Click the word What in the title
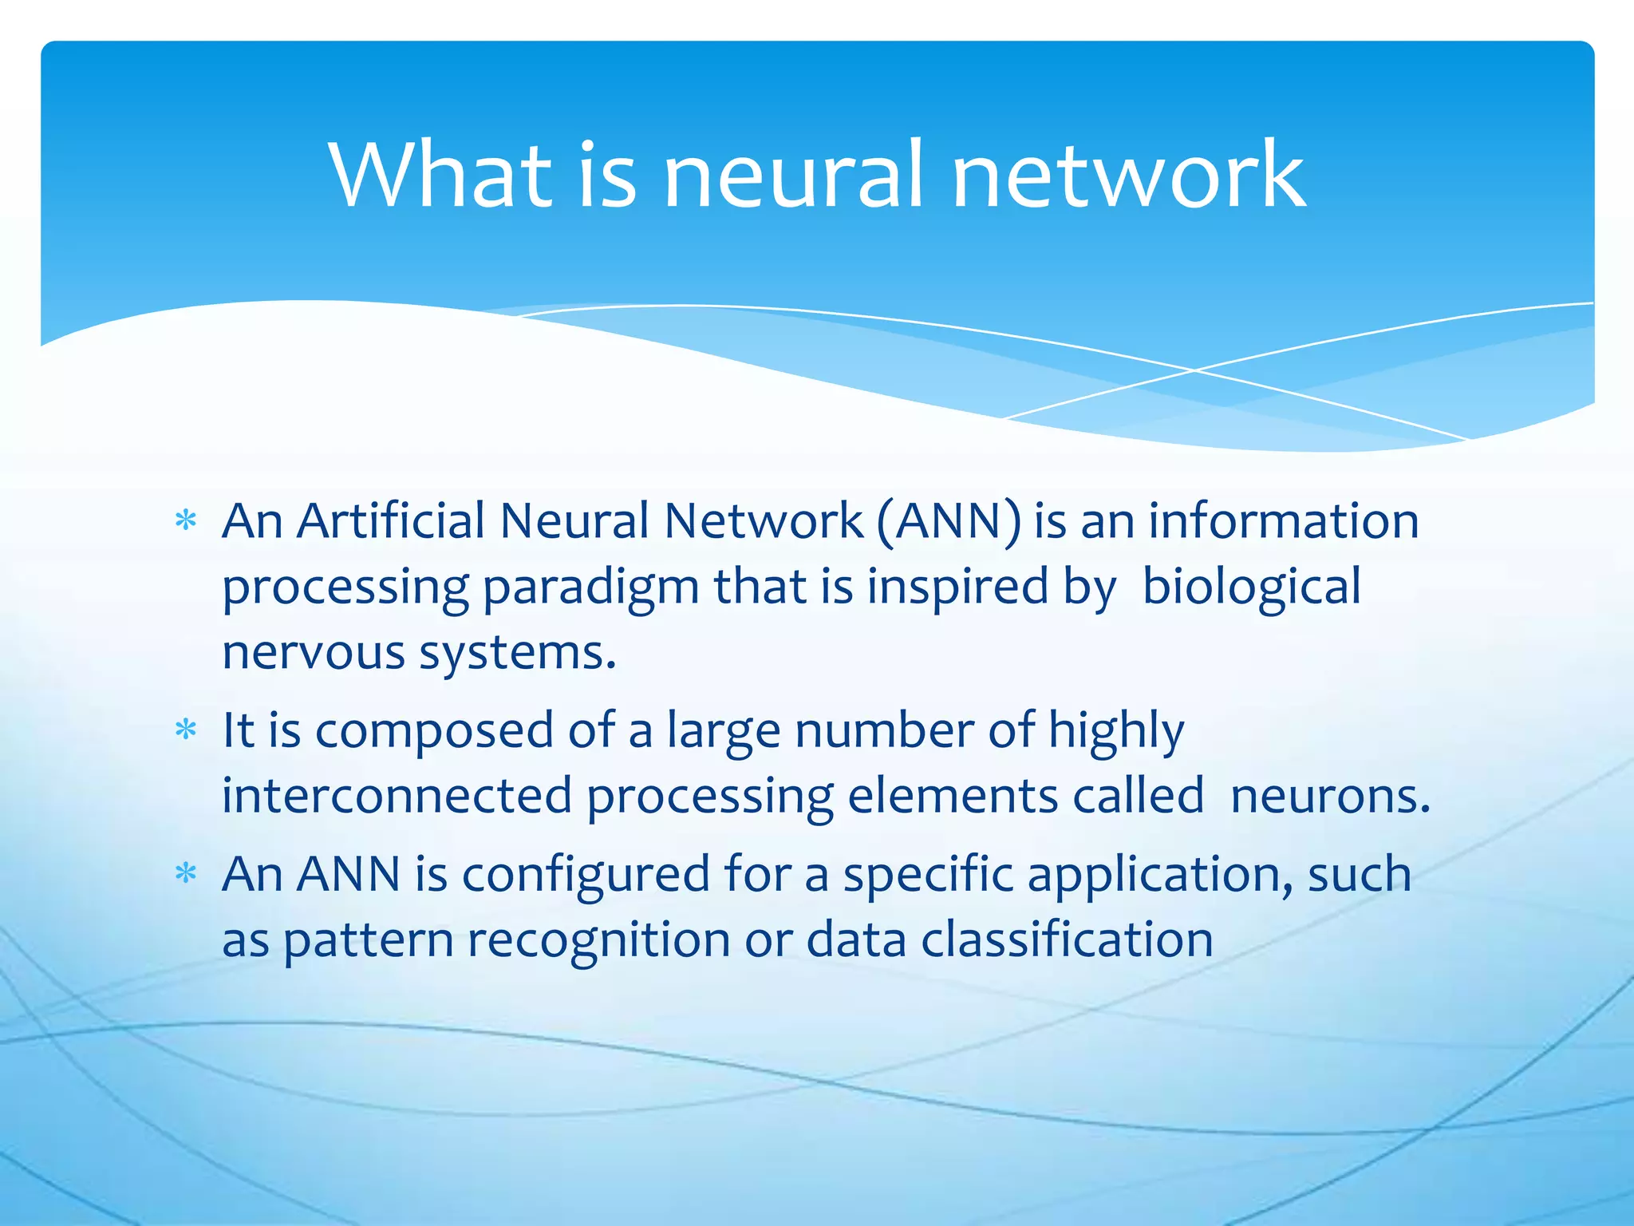tap(440, 175)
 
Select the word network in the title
tap(1128, 175)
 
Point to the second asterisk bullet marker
tap(186, 730)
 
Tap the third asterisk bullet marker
tap(186, 874)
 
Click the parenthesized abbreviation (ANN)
tap(948, 522)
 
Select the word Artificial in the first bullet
tap(391, 522)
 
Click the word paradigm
tap(591, 589)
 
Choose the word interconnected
tap(397, 796)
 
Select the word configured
tap(586, 876)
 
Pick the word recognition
tap(598, 941)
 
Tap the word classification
tap(1067, 939)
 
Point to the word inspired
tap(957, 589)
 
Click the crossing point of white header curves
tap(1194, 370)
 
